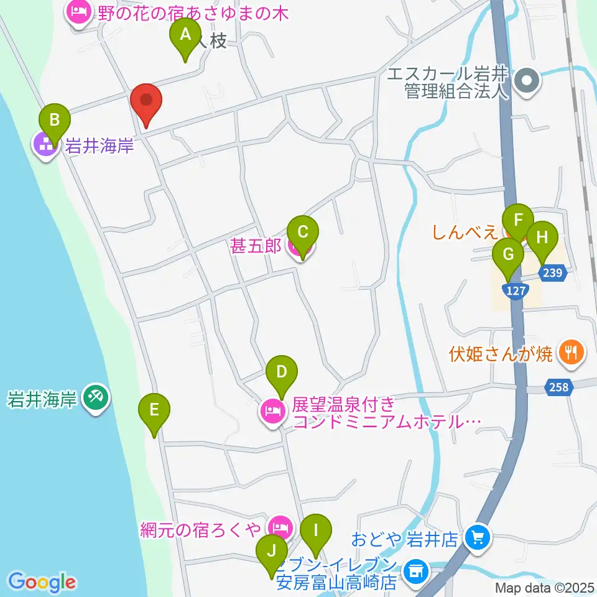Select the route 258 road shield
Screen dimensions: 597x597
pyautogui.click(x=558, y=387)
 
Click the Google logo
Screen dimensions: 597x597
pyautogui.click(x=42, y=582)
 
